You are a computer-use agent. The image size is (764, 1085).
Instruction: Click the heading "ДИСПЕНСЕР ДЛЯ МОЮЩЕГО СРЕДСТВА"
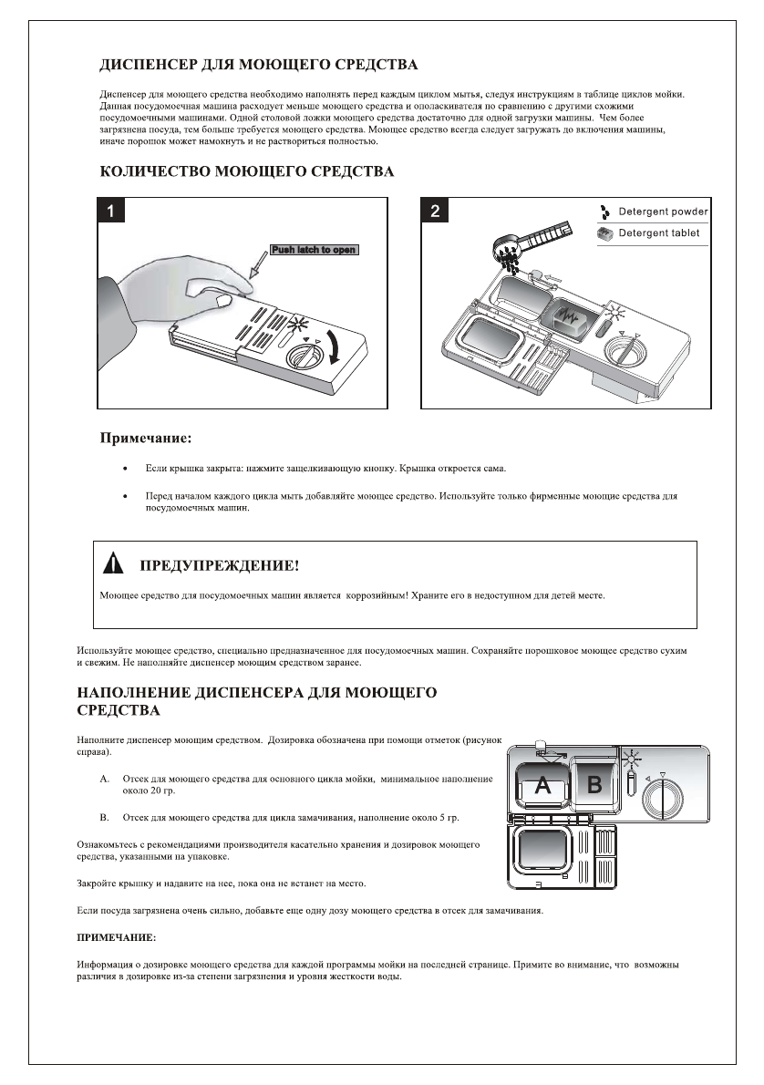coord(258,66)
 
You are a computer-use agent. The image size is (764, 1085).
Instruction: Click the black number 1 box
coord(111,212)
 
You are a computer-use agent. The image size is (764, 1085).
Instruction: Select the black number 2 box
coord(435,212)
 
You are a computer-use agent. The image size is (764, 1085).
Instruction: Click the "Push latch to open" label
coord(314,250)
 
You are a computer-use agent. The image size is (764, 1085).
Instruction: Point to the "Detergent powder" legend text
coord(663,212)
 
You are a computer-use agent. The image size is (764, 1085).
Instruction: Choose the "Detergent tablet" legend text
coord(659,233)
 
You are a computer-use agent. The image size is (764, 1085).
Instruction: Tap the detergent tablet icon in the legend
coord(604,233)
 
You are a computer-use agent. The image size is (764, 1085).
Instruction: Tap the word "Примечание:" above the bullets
coord(145,439)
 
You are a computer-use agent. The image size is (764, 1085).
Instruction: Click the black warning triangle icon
coord(113,564)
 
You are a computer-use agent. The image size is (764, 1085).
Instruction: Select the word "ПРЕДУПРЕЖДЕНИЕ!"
coord(218,566)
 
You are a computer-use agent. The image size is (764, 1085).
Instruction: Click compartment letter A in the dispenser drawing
coord(542,784)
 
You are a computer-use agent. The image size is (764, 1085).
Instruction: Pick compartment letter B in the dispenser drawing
coord(594,784)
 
